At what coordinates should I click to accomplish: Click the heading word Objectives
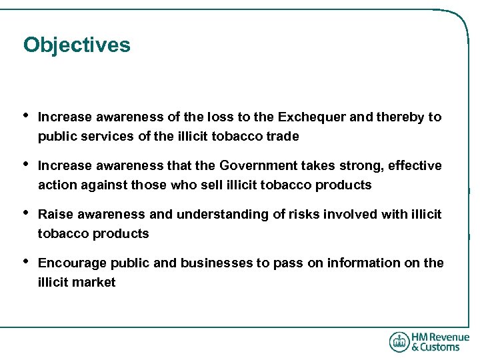click(77, 45)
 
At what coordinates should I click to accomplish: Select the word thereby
click(399, 117)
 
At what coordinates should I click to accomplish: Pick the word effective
click(415, 165)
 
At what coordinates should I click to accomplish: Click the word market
click(95, 282)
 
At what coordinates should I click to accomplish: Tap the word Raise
click(55, 214)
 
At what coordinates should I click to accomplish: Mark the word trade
click(283, 136)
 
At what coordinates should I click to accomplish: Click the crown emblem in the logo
click(399, 342)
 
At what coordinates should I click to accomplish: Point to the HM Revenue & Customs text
click(440, 342)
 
